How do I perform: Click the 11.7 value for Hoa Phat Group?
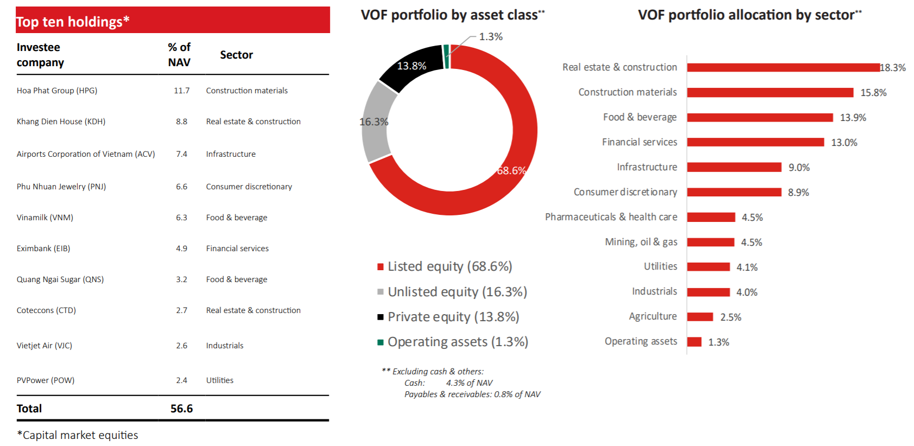[x=181, y=91]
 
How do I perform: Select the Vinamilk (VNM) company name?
[x=45, y=218]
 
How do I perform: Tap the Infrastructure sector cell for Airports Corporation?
[x=231, y=154]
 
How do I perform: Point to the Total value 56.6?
[x=181, y=409]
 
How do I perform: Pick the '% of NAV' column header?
[x=179, y=55]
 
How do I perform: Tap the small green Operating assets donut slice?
[x=447, y=56]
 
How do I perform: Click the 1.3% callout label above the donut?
[x=491, y=37]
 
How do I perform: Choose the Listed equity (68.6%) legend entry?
[x=449, y=266]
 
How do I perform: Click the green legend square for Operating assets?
[x=380, y=342]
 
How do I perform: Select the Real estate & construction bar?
[x=783, y=67]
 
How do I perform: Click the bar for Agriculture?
[x=700, y=317]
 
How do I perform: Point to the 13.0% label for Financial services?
[x=844, y=143]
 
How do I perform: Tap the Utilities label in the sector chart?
[x=660, y=266]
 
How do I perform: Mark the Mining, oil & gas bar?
[x=710, y=242]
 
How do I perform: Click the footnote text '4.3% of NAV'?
[x=469, y=383]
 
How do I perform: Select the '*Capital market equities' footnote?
[x=78, y=435]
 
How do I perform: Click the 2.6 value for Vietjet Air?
[x=181, y=346]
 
